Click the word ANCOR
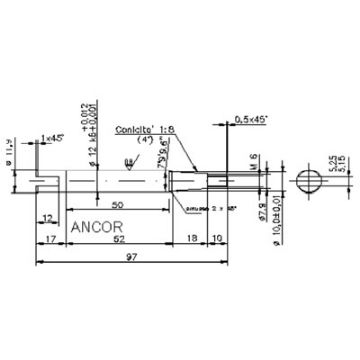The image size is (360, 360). [x=97, y=225]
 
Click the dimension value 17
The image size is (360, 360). [x=48, y=242]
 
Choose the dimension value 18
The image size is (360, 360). [x=192, y=242]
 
